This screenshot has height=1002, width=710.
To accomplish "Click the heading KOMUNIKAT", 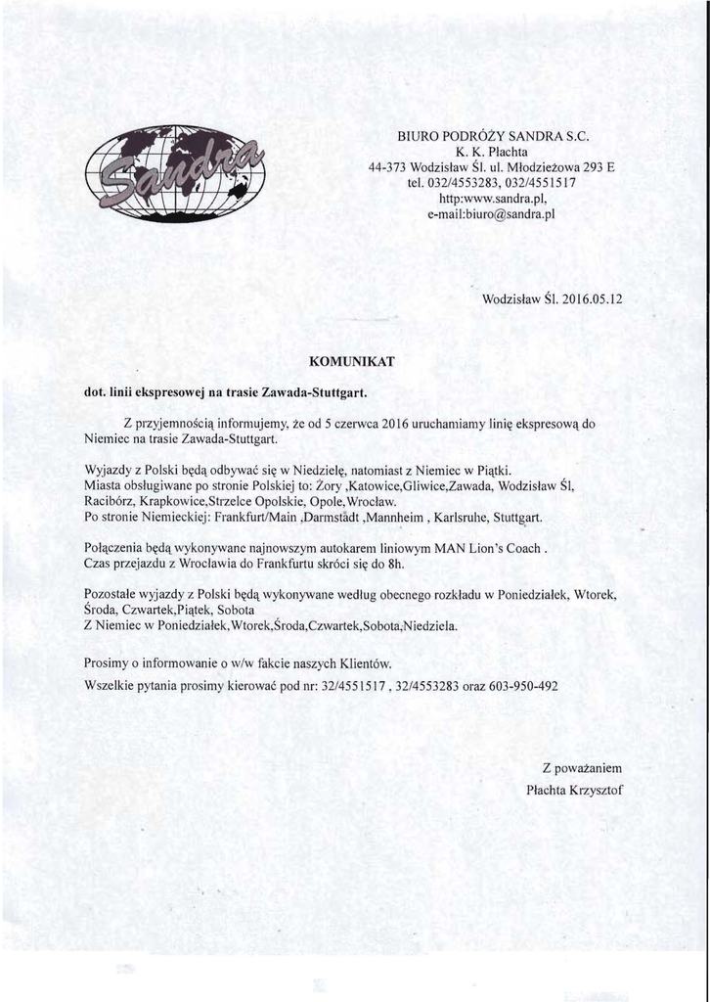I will pos(351,362).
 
